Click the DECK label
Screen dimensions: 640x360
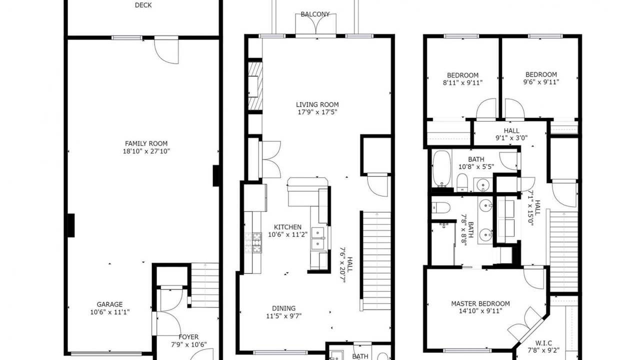143,5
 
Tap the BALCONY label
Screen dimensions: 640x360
315,14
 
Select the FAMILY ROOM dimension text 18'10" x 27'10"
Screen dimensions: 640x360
146,151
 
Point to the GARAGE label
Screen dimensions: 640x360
109,304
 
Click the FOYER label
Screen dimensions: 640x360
188,337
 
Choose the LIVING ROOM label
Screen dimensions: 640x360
317,104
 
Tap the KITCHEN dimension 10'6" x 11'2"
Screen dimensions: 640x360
287,234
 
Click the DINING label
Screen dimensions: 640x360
283,308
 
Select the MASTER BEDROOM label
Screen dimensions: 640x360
480,303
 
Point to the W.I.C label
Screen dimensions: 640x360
543,342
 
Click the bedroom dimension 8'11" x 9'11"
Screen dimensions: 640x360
463,83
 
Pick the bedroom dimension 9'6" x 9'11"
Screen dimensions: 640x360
541,82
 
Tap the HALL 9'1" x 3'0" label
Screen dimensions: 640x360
511,134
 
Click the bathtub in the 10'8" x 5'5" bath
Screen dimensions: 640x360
441,169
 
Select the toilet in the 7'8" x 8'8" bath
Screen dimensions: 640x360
440,207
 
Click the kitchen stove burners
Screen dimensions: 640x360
253,242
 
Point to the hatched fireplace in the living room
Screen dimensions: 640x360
255,85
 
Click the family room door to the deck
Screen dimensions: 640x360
166,50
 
